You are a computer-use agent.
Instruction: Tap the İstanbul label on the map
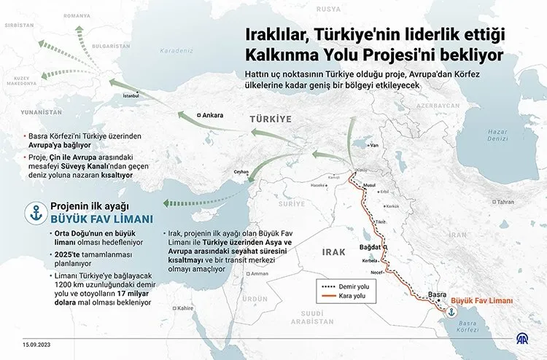(131, 95)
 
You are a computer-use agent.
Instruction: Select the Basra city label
(437, 294)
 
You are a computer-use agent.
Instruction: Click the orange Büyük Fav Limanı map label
(482, 300)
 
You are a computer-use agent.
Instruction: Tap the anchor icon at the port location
(451, 312)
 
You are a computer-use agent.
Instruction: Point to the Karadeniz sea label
(176, 52)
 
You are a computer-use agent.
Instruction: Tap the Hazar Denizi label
(497, 135)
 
